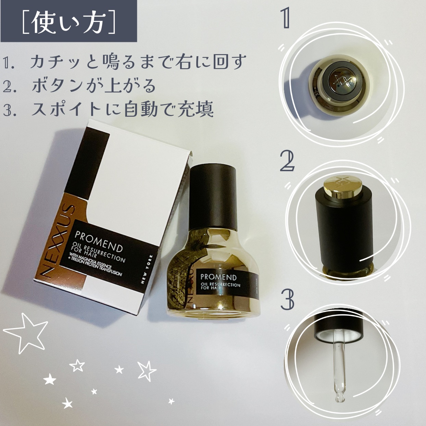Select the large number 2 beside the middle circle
click(x=287, y=162)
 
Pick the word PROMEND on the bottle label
click(x=218, y=277)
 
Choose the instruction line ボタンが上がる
click(x=93, y=86)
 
